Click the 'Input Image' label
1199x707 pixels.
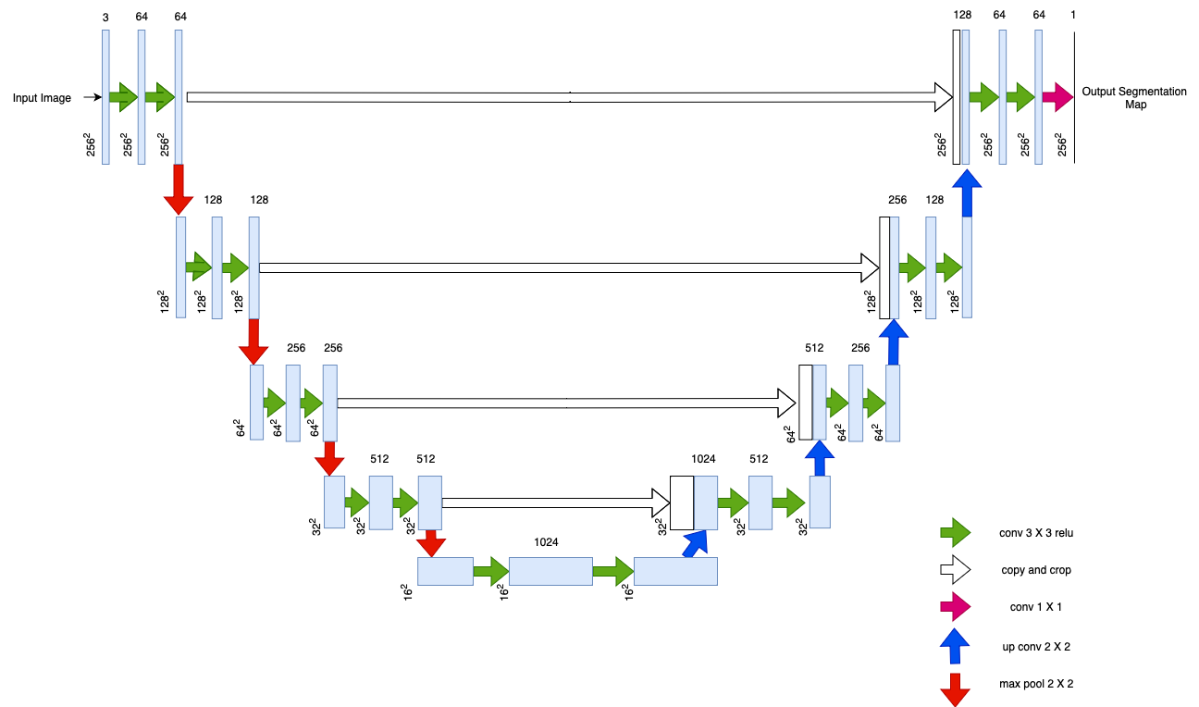[x=42, y=98]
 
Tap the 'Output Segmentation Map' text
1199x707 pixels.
[x=1134, y=98]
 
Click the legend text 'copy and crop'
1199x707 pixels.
[x=1036, y=570]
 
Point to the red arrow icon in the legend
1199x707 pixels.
[x=955, y=688]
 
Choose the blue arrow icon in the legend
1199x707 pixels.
[x=955, y=646]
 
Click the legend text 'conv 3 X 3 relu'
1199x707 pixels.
[x=1036, y=532]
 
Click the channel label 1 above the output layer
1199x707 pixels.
[x=1073, y=15]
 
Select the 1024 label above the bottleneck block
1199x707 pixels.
[x=546, y=542]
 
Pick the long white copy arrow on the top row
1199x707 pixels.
[x=569, y=96]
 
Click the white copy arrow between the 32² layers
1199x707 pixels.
[x=555, y=503]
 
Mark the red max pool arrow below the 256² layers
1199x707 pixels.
[x=179, y=191]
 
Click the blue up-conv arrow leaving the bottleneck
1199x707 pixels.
[x=694, y=544]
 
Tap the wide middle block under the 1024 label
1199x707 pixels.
[x=550, y=571]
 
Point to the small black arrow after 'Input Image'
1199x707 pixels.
[x=89, y=96]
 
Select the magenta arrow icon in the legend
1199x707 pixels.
[x=955, y=607]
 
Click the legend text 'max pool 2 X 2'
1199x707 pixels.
[x=1036, y=684]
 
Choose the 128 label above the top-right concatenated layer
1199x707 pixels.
[x=961, y=15]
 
